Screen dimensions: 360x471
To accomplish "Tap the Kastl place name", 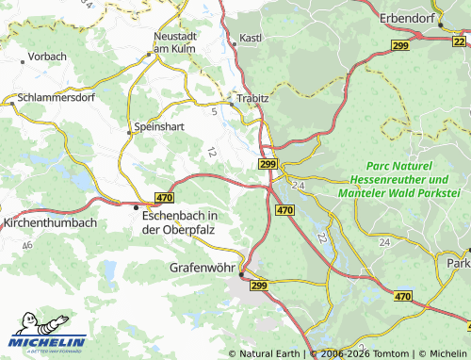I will [251, 38].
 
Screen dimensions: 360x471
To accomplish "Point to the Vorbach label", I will [47, 57].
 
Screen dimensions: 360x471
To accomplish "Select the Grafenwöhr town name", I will [204, 267].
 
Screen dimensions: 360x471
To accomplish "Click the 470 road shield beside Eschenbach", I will [165, 197].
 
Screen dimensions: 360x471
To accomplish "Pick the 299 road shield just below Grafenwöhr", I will [261, 284].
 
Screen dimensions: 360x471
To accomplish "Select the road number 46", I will [27, 245].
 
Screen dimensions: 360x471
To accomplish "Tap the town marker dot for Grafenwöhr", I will [241, 274].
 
